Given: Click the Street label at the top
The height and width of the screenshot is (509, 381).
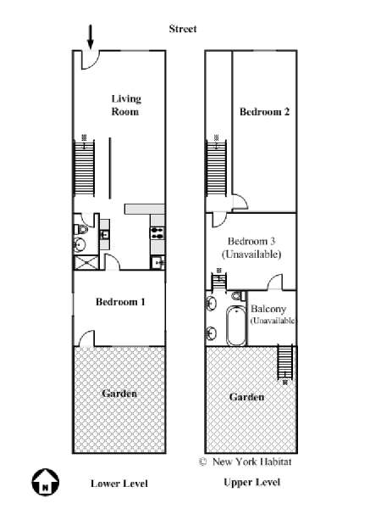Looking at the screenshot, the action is (x=183, y=29).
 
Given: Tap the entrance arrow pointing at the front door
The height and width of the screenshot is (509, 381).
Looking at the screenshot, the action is (x=91, y=36).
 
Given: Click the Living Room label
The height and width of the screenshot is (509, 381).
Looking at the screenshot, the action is (x=125, y=105).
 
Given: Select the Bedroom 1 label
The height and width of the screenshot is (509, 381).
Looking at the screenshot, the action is (x=120, y=302).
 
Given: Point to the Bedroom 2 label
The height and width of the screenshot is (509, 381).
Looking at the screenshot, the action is (x=264, y=112).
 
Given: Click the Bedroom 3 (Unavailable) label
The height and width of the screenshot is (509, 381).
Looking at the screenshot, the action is (x=251, y=248).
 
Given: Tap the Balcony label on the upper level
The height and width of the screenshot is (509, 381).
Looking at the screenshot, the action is (x=268, y=309).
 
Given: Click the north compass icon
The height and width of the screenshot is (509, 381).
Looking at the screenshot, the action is (x=46, y=482).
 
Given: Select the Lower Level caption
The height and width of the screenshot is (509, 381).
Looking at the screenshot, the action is (x=119, y=484).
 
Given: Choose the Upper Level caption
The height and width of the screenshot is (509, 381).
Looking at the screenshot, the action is (x=252, y=483).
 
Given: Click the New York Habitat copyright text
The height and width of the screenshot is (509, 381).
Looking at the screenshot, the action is (x=246, y=461).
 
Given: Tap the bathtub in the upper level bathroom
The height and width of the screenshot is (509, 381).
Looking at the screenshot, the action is (x=236, y=326).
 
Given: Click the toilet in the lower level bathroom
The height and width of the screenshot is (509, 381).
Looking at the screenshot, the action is (x=81, y=230).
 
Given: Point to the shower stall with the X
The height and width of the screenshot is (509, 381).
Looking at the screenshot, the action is (x=86, y=262).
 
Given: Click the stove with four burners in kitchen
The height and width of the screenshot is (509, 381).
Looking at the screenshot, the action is (x=157, y=233).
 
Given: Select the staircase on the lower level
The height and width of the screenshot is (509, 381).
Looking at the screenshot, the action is (x=84, y=168).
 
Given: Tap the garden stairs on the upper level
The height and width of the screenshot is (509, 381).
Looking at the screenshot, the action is (x=285, y=361).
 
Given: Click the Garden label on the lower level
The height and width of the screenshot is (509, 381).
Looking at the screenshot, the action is (x=119, y=394).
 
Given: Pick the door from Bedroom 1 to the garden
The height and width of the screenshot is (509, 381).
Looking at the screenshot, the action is (x=87, y=338).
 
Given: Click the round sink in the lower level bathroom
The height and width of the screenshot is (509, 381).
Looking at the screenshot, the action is (x=80, y=244).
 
